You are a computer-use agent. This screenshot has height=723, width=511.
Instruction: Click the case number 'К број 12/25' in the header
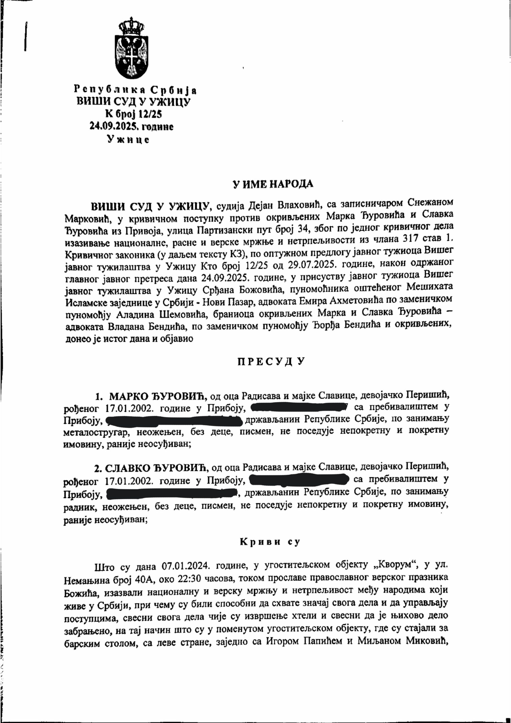tap(134, 114)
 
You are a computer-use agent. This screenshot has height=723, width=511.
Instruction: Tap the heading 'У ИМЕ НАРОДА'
tap(273, 184)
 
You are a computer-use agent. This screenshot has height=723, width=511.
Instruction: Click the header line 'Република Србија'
tap(135, 90)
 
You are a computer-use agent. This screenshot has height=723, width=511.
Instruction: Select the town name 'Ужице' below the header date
tap(128, 140)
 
